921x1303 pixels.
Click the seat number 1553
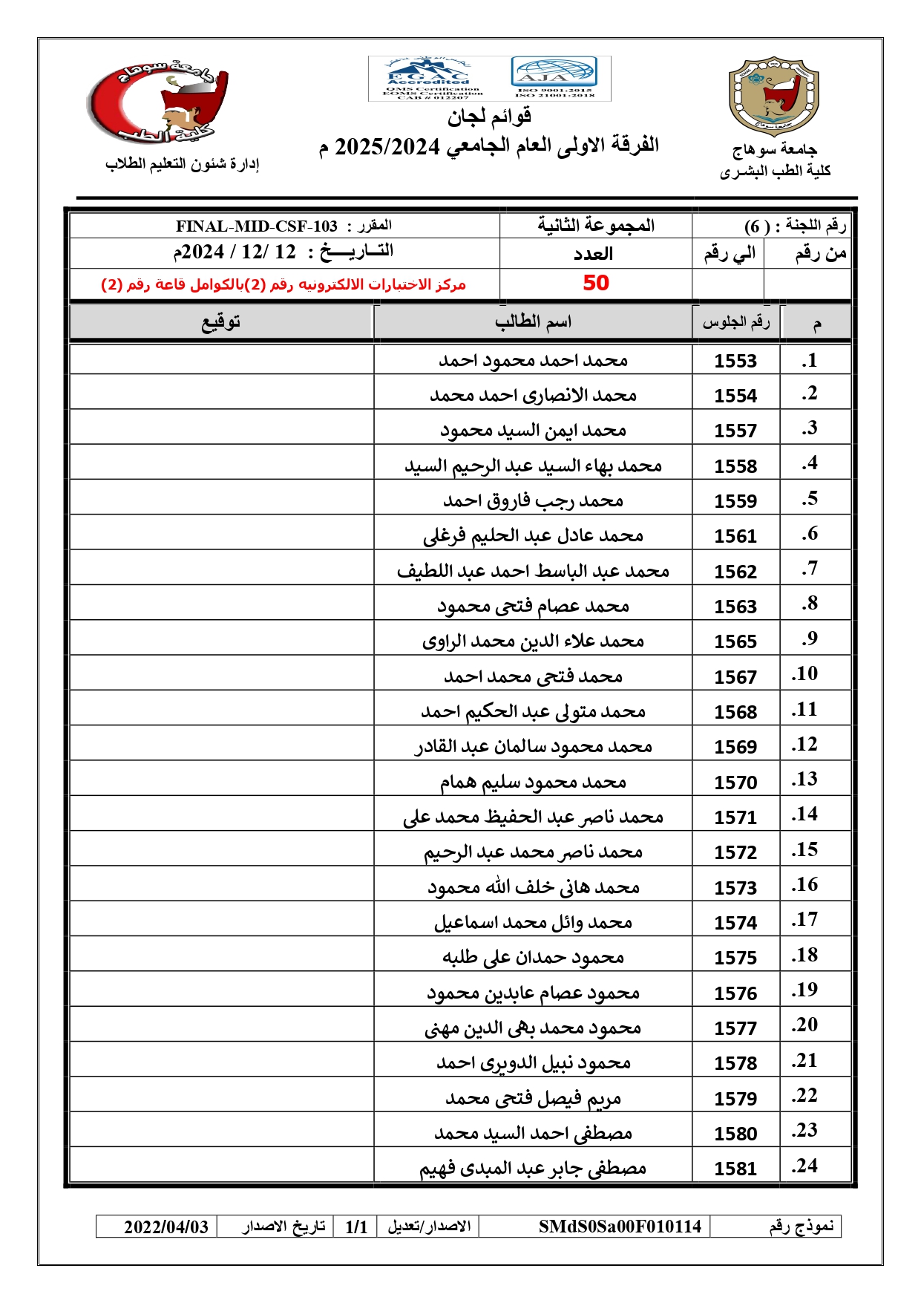pyautogui.click(x=735, y=361)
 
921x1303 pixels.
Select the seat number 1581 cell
pyautogui.click(x=735, y=1169)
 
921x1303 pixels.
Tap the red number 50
pyautogui.click(x=595, y=283)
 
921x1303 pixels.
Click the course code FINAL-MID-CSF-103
pyautogui.click(x=257, y=226)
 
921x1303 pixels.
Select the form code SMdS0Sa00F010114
pyautogui.click(x=620, y=1227)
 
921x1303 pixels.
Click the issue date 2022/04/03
pyautogui.click(x=166, y=1227)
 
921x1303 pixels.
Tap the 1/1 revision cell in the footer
pyautogui.click(x=356, y=1227)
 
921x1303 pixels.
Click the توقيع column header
pyautogui.click(x=221, y=322)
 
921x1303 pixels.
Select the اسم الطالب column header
pyautogui.click(x=533, y=322)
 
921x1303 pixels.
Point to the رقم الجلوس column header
pyautogui.click(x=735, y=322)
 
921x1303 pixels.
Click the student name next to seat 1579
pyautogui.click(x=533, y=1098)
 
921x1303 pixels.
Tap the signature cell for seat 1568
pyautogui.click(x=221, y=711)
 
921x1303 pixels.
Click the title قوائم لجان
pyautogui.click(x=489, y=117)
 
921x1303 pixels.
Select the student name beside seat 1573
pyautogui.click(x=533, y=887)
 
